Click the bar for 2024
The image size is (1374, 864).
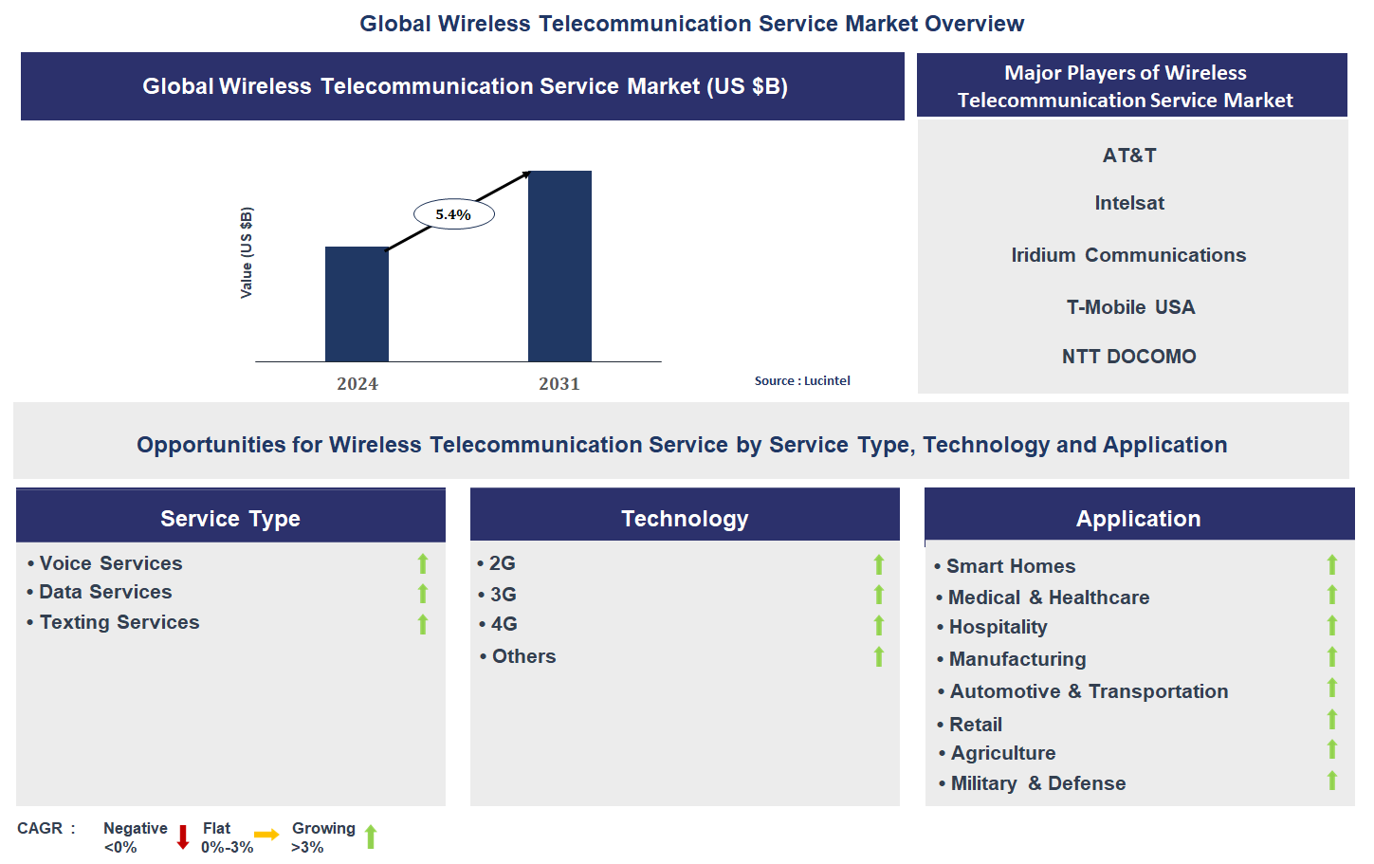click(x=357, y=304)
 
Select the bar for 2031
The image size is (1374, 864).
click(x=559, y=267)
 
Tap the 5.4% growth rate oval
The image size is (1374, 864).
click(x=454, y=214)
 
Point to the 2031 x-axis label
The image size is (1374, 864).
click(x=559, y=384)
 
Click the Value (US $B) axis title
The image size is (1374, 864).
click(x=247, y=253)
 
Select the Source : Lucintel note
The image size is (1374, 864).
click(x=802, y=380)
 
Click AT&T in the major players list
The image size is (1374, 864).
click(x=1129, y=156)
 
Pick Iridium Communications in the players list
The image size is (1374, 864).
click(x=1128, y=255)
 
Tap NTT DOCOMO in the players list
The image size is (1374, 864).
click(x=1128, y=357)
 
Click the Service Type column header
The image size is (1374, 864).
click(x=230, y=518)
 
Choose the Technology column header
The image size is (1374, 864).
click(x=685, y=518)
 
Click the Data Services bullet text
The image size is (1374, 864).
click(x=105, y=592)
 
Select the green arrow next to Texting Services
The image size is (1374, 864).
click(x=423, y=624)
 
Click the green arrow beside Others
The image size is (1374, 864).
click(x=879, y=656)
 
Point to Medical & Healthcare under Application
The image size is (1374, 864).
click(x=1048, y=597)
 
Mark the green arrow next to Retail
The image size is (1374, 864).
click(x=1332, y=720)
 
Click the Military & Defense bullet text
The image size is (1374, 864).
click(x=1037, y=783)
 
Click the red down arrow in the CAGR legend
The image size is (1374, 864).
click(x=183, y=836)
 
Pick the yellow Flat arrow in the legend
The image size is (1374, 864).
click(x=266, y=835)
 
